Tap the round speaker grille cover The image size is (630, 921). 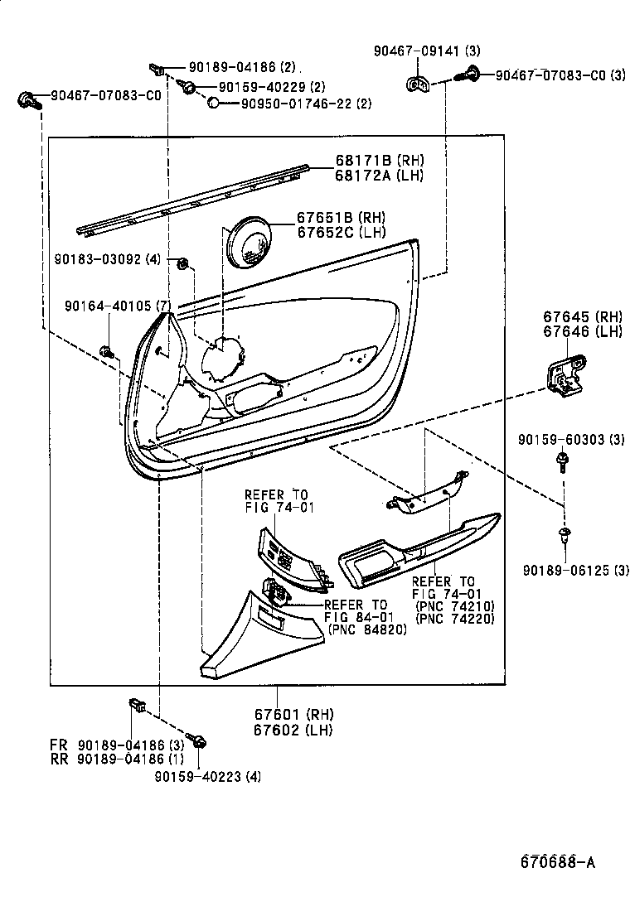(250, 240)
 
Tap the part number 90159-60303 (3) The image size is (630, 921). (571, 439)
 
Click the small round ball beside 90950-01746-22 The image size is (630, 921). (213, 103)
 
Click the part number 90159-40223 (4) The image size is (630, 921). (207, 775)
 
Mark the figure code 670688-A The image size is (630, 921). (557, 862)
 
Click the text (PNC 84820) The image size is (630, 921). (367, 629)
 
